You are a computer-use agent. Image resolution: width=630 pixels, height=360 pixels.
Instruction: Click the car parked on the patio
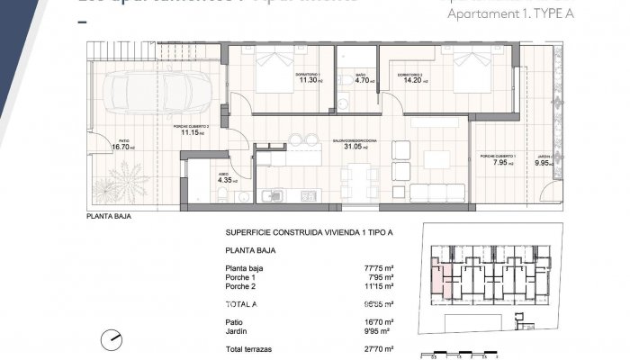point(159,91)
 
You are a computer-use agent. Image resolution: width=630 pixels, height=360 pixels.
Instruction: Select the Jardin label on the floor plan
point(543,157)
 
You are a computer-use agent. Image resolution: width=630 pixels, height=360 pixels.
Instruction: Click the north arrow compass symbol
point(112,339)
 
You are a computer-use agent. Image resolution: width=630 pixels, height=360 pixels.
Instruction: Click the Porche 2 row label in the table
point(242,287)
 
